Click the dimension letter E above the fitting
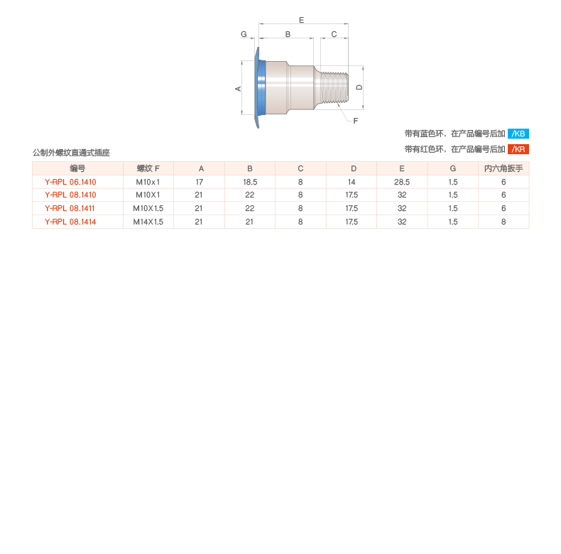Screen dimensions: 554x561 (x=301, y=20)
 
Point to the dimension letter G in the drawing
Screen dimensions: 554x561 (x=244, y=34)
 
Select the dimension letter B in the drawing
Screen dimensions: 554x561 (x=288, y=34)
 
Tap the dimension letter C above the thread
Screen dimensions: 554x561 (x=334, y=34)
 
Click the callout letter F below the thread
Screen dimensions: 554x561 (x=355, y=121)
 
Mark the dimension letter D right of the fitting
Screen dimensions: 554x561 (x=359, y=87)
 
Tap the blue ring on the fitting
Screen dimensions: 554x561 (x=261, y=87)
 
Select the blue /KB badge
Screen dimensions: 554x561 (x=518, y=134)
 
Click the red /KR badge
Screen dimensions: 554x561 (x=518, y=149)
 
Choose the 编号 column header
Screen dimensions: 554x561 (x=77, y=168)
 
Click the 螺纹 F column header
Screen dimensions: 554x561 (x=148, y=168)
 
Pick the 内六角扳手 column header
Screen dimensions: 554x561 (x=503, y=168)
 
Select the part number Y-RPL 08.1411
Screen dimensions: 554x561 (x=70, y=208)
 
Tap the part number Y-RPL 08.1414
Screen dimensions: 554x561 (x=70, y=222)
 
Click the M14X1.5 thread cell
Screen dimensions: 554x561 (x=148, y=222)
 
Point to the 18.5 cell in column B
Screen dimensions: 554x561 (x=250, y=182)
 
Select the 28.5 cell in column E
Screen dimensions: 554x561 (x=402, y=182)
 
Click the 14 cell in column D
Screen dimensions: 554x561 (x=352, y=182)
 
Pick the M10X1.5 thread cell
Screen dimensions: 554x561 (x=148, y=208)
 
